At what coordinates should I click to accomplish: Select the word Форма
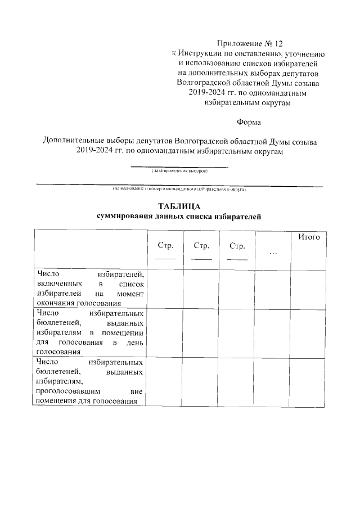[x=249, y=121]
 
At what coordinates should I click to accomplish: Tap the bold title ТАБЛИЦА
[x=179, y=206]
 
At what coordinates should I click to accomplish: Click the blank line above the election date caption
[x=179, y=166]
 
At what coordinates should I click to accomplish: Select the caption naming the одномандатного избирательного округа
[x=179, y=189]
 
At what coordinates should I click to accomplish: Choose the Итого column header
[x=308, y=237]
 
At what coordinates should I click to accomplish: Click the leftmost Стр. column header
[x=165, y=246]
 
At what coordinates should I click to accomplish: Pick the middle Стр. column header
[x=201, y=246]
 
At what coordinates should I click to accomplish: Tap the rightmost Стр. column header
[x=237, y=246]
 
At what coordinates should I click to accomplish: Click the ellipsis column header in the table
[x=273, y=252]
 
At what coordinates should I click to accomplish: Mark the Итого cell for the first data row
[x=308, y=289]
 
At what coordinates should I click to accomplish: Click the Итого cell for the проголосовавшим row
[x=308, y=381]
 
